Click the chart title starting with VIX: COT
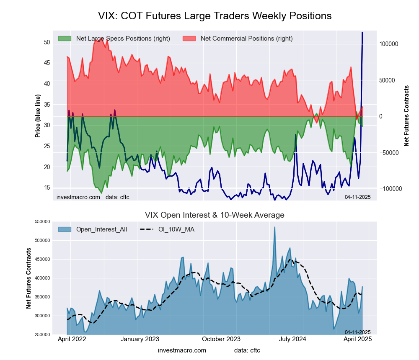coord(215,16)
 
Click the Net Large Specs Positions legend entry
coord(123,39)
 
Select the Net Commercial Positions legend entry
coord(246,39)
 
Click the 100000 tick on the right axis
coord(388,44)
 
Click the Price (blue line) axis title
coord(38,116)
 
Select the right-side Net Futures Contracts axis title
coord(406,116)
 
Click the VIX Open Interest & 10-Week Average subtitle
coord(215,215)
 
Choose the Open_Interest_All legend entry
coord(101,229)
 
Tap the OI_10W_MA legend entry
coord(176,229)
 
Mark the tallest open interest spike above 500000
coord(274,228)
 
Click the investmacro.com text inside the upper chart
coord(78,197)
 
